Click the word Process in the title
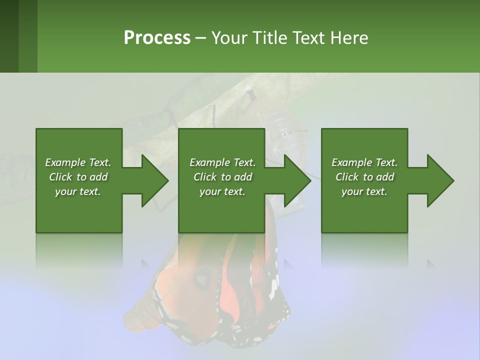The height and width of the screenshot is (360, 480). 157,38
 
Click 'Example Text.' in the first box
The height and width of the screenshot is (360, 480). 78,162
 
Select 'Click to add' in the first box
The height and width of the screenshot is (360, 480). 78,177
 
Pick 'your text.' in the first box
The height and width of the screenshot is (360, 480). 78,191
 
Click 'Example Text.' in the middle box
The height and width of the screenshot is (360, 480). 222,162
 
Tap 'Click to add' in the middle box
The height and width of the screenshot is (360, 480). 222,177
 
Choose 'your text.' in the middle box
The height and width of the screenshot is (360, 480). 222,191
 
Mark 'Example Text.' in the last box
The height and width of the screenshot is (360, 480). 364,162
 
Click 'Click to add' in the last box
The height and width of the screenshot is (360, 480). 364,177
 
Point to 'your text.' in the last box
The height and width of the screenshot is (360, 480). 364,191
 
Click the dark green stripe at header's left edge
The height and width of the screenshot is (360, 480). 9,36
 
